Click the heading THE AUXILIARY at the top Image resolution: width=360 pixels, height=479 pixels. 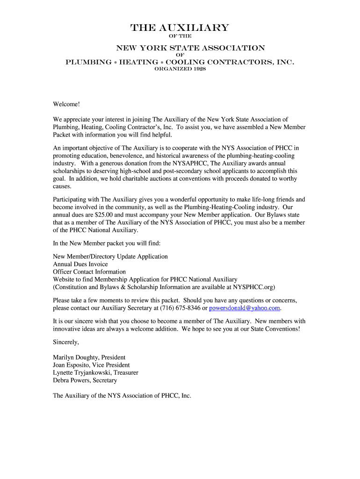coord(180,28)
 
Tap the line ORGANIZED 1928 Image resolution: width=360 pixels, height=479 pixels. coord(180,69)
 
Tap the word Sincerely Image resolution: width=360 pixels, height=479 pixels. coord(66,342)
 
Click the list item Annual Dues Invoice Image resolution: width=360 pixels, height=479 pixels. coord(80,264)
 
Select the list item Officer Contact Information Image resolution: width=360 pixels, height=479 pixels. coord(89,272)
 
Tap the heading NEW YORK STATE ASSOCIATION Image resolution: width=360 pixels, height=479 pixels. coord(190,48)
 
